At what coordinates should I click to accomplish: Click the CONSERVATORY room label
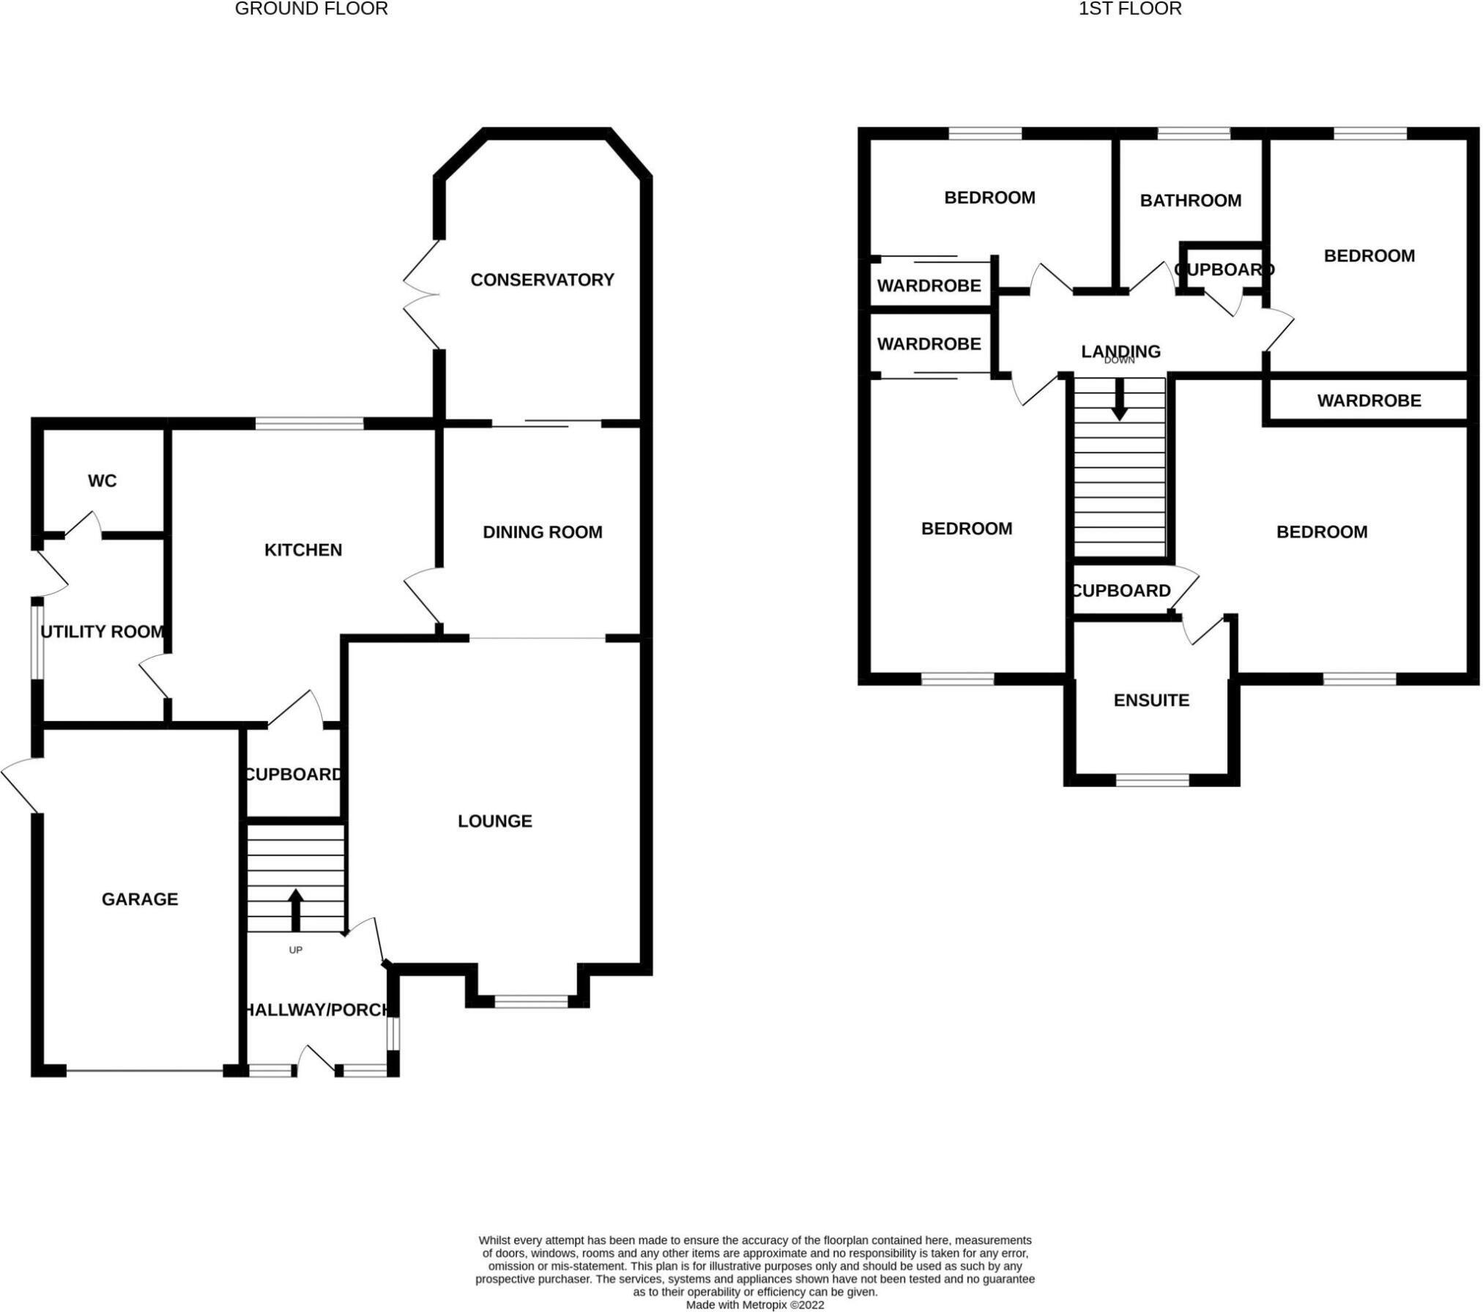click(x=542, y=280)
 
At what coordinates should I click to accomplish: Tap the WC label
click(x=102, y=481)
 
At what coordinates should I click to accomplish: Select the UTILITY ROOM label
click(x=102, y=632)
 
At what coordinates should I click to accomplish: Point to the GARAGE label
click(x=140, y=899)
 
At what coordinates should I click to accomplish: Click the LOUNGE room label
click(x=495, y=821)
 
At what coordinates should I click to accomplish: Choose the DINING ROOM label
click(x=543, y=532)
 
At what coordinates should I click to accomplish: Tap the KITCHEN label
click(x=303, y=550)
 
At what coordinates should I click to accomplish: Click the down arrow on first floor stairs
click(x=1119, y=402)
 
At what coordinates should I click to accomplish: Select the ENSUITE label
click(x=1151, y=701)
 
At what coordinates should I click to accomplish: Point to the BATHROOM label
click(x=1191, y=201)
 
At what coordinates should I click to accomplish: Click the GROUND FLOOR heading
click(x=311, y=9)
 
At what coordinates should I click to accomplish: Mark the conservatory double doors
click(x=422, y=295)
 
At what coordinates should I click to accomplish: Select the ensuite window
click(x=1153, y=780)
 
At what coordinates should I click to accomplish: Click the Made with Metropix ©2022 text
click(x=755, y=1305)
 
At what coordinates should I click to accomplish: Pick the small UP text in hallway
click(x=295, y=950)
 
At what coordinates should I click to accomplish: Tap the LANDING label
click(x=1120, y=351)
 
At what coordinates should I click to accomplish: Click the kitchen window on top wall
click(x=309, y=423)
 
